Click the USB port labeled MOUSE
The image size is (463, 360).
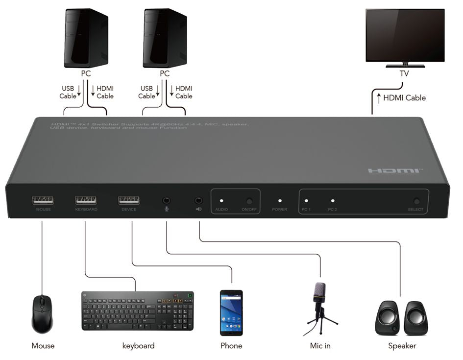pos(43,200)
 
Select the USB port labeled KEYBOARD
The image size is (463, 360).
pos(86,200)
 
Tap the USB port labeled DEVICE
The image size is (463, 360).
pos(128,200)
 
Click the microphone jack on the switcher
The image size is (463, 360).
pos(167,200)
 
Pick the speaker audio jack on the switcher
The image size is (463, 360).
pos(198,200)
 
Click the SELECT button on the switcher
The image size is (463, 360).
pos(416,201)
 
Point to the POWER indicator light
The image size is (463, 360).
pos(280,200)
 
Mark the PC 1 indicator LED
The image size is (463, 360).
pos(306,200)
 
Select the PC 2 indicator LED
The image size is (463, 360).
pos(333,200)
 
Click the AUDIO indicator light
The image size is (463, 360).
pos(221,200)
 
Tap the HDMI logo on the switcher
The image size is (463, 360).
pos(394,171)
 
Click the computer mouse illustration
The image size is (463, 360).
pos(42,313)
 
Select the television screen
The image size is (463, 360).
pos(405,34)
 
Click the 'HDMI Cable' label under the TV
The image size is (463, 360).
pos(404,98)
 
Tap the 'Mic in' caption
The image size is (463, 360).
pos(320,346)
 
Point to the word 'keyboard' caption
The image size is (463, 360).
pos(138,346)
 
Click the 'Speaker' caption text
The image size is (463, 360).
pos(402,346)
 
